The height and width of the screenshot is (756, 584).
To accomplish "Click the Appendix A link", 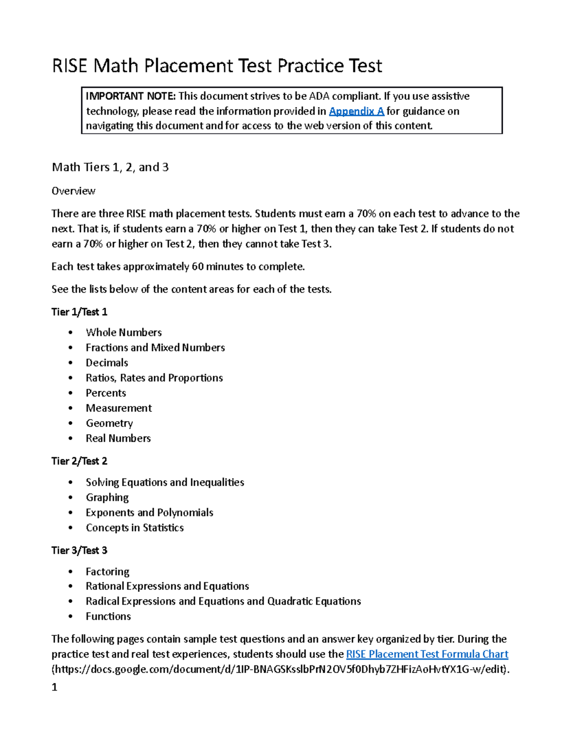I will (356, 111).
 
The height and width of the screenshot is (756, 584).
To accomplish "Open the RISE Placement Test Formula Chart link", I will (427, 654).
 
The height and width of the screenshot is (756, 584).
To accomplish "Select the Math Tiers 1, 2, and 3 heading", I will (110, 167).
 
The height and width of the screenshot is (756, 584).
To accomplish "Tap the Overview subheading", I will (73, 191).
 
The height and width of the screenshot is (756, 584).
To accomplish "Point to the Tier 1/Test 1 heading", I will (79, 312).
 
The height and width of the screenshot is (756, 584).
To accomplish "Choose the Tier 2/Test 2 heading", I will (79, 461).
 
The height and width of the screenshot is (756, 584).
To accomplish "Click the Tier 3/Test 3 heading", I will (79, 551).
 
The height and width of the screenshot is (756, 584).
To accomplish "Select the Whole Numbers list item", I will (124, 332).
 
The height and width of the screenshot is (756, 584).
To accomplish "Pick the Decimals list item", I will (107, 363).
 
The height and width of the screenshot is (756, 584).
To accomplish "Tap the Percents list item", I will (106, 393).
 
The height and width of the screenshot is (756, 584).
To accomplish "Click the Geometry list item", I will (109, 424).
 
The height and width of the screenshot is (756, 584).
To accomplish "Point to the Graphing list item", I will (107, 498).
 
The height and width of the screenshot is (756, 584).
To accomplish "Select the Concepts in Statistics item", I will (135, 528).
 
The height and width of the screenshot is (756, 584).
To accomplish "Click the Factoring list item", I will (108, 572).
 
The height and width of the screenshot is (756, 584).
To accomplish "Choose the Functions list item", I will (108, 616).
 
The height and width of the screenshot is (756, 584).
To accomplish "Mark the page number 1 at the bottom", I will (55, 687).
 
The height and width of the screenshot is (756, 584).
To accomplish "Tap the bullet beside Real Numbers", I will (71, 439).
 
